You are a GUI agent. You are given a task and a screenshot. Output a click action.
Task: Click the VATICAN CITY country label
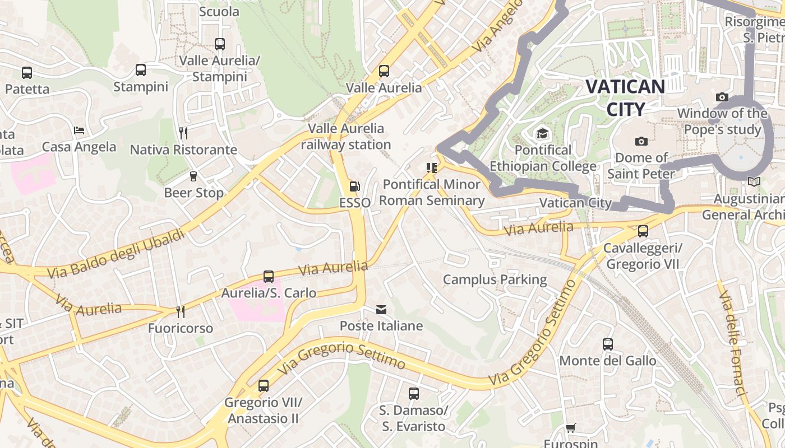click(x=625, y=97)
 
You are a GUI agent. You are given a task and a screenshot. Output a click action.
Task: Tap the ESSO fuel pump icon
click(x=354, y=186)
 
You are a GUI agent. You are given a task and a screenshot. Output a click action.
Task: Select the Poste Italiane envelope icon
click(x=381, y=310)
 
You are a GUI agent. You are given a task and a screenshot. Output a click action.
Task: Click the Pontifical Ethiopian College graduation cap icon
click(x=542, y=134)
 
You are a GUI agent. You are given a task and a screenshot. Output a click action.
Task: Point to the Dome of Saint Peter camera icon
click(x=641, y=142)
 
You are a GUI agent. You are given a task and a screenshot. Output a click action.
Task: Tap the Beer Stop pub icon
click(x=193, y=176)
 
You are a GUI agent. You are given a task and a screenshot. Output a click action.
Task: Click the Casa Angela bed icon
click(x=79, y=130)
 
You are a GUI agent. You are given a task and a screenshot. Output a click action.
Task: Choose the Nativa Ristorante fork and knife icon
click(x=183, y=133)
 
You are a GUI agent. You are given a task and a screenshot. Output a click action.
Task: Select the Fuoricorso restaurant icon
click(x=180, y=311)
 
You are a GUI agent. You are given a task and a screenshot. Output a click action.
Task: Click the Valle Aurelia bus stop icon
click(x=384, y=71)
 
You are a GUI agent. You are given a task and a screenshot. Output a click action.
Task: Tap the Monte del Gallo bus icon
click(x=608, y=344)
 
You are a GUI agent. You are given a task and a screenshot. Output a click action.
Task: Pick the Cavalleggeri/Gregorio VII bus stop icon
click(x=643, y=231)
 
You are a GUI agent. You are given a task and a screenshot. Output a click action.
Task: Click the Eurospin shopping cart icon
click(x=570, y=428)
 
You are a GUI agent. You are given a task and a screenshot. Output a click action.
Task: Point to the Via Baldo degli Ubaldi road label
click(x=116, y=254)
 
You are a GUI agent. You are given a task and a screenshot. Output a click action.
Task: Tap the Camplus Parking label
click(x=495, y=279)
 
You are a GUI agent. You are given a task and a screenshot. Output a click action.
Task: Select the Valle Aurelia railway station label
click(x=346, y=137)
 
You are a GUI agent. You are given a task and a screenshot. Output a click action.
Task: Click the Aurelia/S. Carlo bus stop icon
click(x=269, y=277)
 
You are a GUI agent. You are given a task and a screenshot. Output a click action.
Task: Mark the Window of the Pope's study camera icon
click(x=722, y=97)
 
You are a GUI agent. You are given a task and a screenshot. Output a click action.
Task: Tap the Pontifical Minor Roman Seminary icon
click(x=431, y=167)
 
